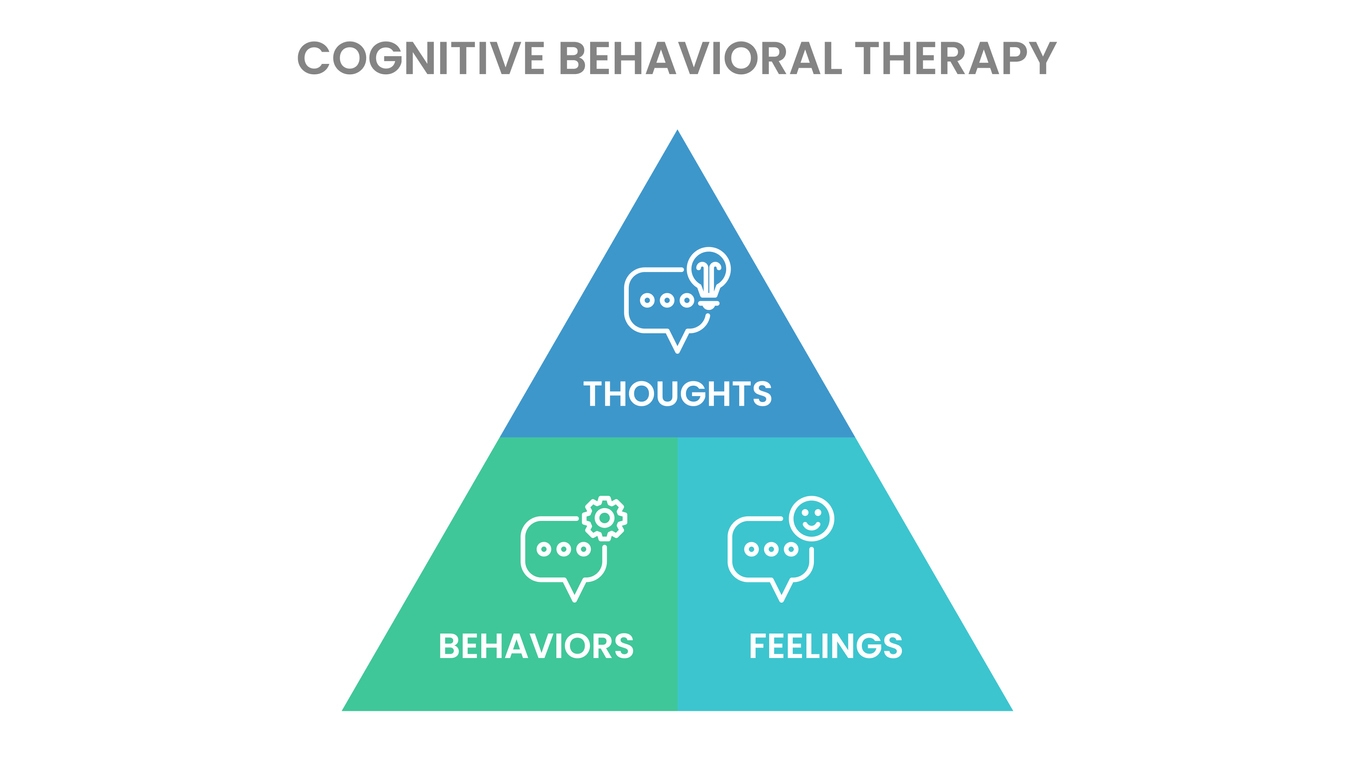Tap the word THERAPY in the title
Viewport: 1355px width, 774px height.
point(956,58)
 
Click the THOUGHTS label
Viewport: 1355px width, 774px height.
point(677,393)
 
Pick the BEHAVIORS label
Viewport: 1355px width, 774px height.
point(536,646)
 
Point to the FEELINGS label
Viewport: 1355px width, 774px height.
point(825,646)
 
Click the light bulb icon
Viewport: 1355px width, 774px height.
point(709,273)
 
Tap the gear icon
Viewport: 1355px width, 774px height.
point(604,518)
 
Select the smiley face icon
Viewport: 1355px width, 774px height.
point(811,519)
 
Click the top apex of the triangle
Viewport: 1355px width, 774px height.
point(678,132)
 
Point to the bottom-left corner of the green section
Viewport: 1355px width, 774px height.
point(345,709)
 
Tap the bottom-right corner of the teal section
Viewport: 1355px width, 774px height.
point(1010,709)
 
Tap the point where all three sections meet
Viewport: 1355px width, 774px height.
point(678,438)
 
